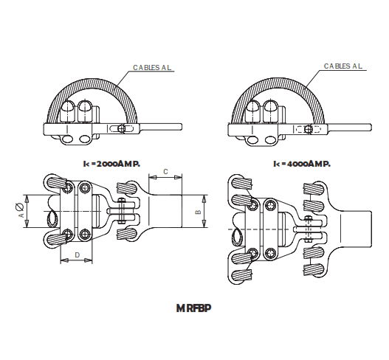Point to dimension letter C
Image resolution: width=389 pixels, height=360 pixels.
[x=165, y=171]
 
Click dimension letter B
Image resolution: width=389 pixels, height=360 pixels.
[x=198, y=212]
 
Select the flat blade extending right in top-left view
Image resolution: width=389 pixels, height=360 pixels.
[x=162, y=128]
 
